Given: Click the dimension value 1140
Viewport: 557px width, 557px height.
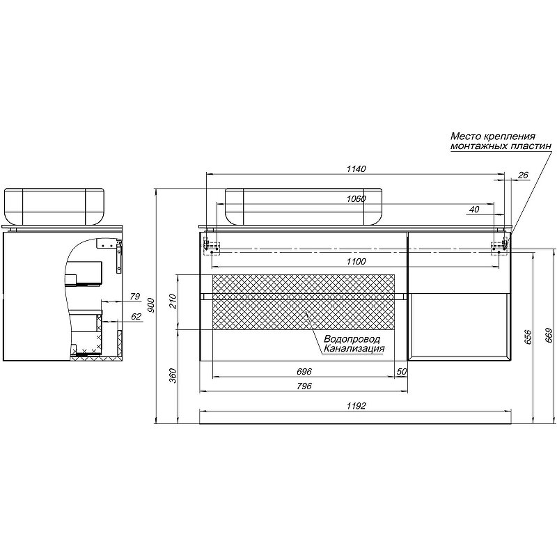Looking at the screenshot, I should point(356,168).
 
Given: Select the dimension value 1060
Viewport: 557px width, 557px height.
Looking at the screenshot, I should point(356,199).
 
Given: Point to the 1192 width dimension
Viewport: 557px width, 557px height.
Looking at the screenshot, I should point(356,405).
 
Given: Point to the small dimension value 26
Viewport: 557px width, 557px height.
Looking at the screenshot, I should point(523,175).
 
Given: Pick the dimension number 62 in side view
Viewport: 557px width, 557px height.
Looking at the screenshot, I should point(136,317).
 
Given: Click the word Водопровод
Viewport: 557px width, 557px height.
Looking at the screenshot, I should point(352,339).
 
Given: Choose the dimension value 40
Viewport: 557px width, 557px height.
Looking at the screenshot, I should point(474,210).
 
